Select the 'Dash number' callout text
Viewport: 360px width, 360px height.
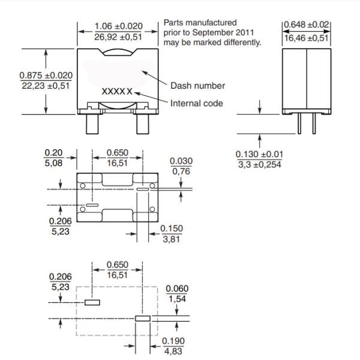[197, 86]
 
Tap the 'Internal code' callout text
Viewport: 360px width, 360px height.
[196, 103]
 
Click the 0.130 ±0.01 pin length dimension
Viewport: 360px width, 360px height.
[259, 155]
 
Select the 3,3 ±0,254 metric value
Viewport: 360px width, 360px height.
[259, 165]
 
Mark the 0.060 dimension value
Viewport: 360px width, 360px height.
[177, 289]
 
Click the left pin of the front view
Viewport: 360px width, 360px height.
[94, 123]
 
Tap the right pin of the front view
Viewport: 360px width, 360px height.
[143, 123]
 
